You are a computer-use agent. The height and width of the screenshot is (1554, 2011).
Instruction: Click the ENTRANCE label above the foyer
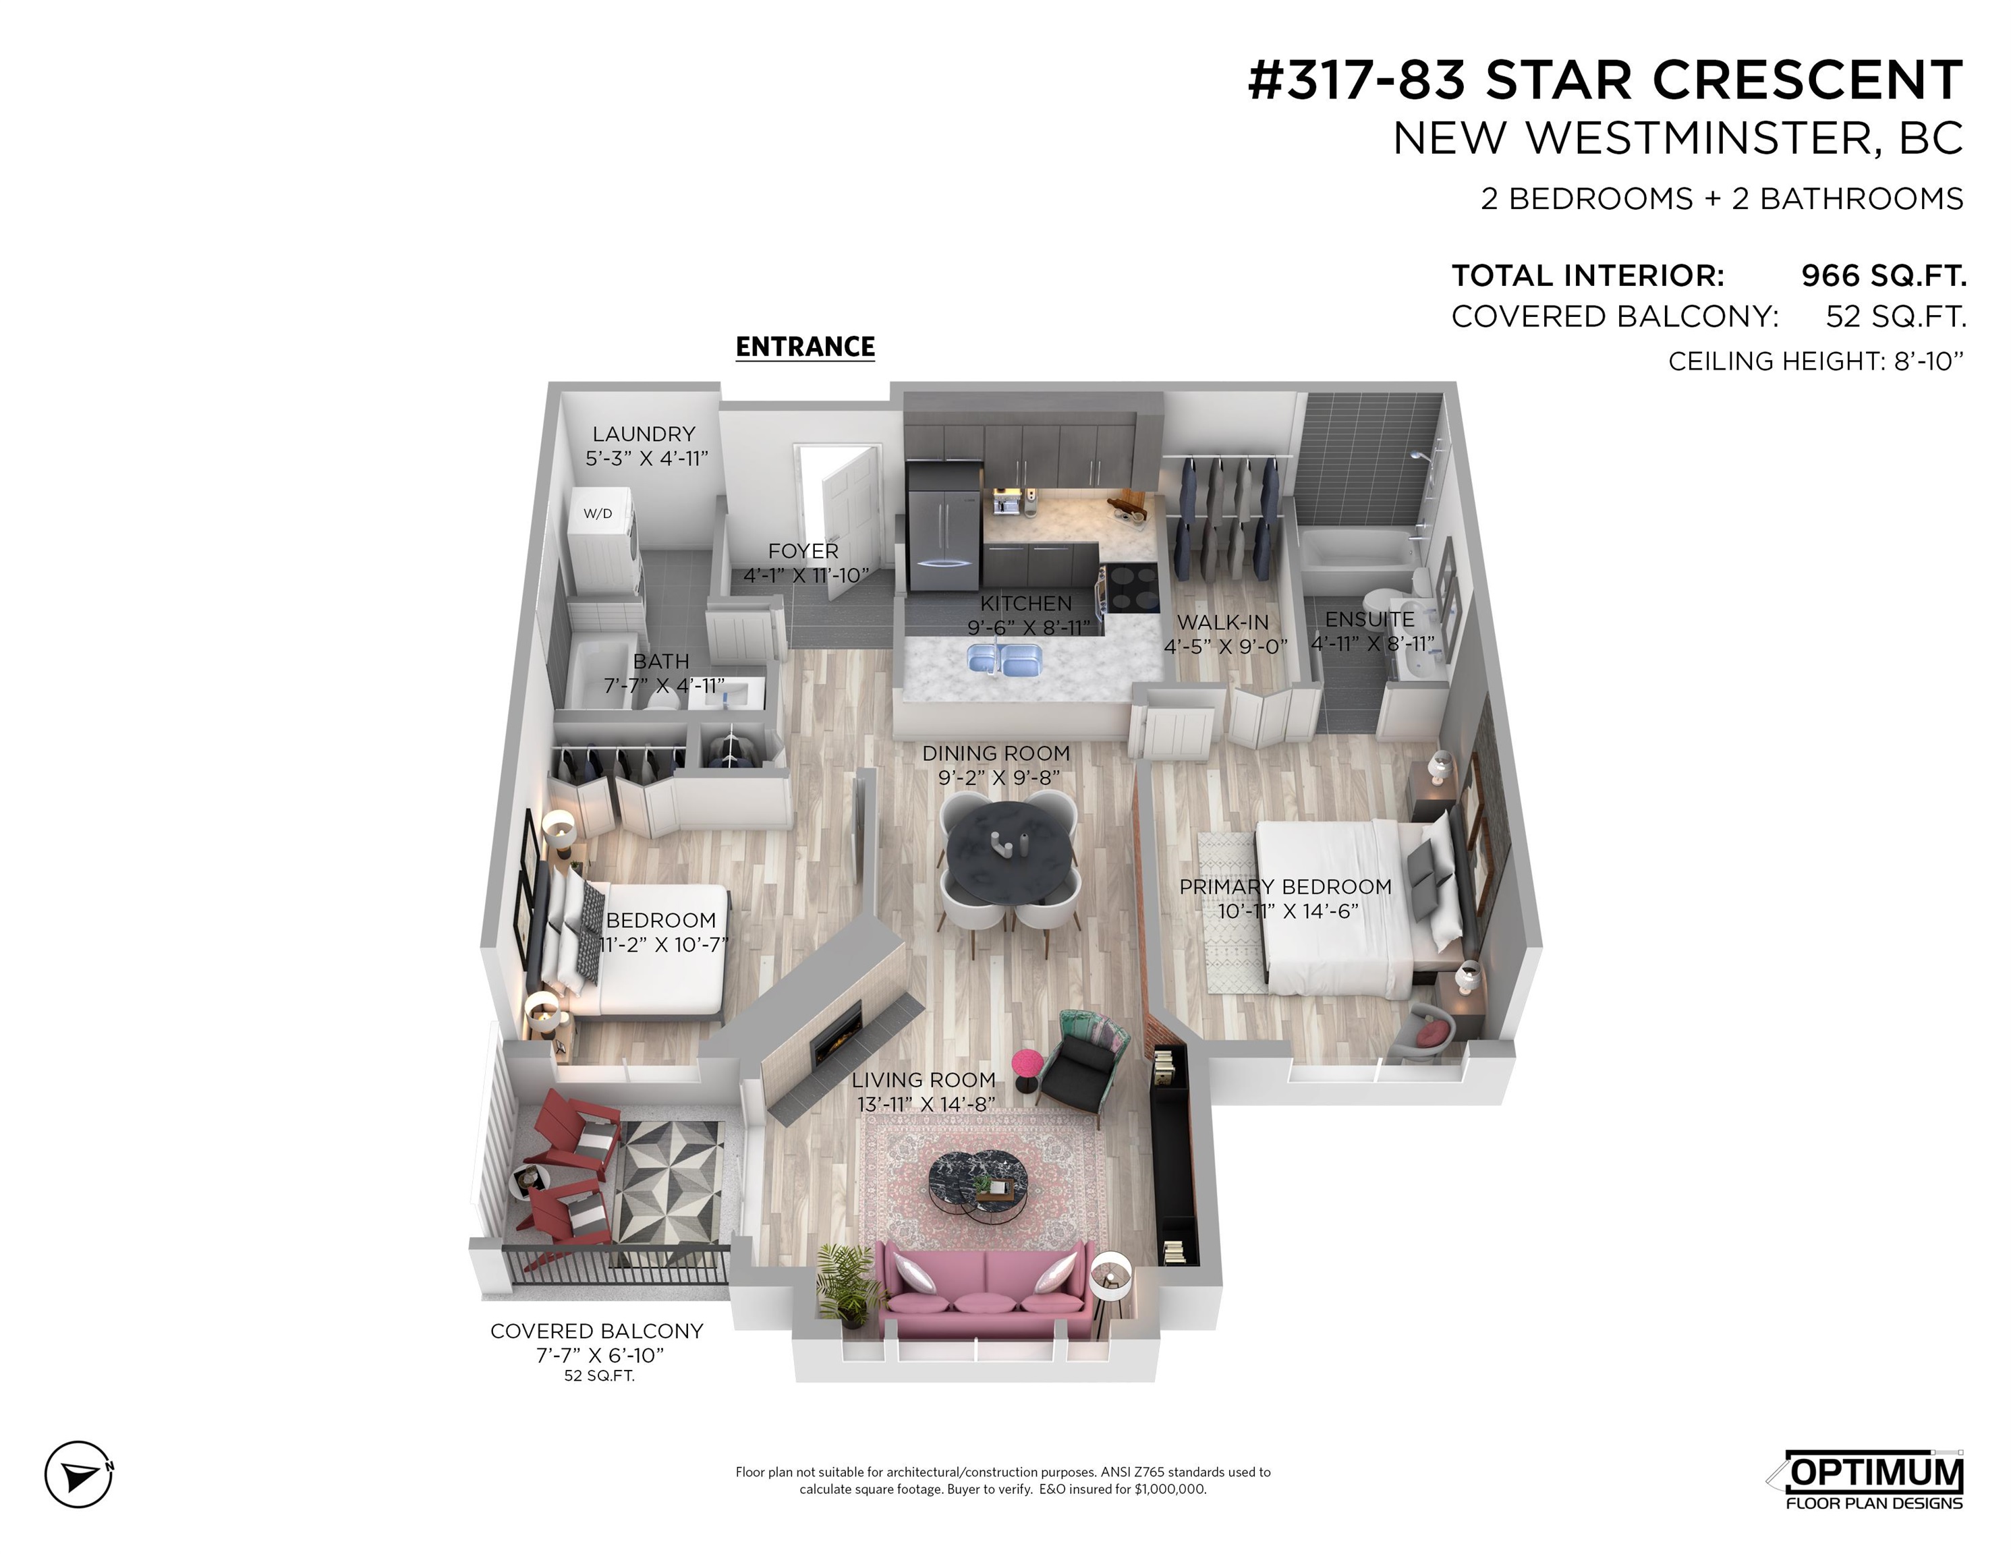coord(805,347)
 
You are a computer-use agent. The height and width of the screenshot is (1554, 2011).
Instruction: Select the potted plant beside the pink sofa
coord(845,1282)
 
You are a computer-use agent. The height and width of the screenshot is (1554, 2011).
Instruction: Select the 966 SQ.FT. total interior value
coord(1883,275)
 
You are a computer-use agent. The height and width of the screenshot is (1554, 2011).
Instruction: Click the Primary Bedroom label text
coord(1285,886)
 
